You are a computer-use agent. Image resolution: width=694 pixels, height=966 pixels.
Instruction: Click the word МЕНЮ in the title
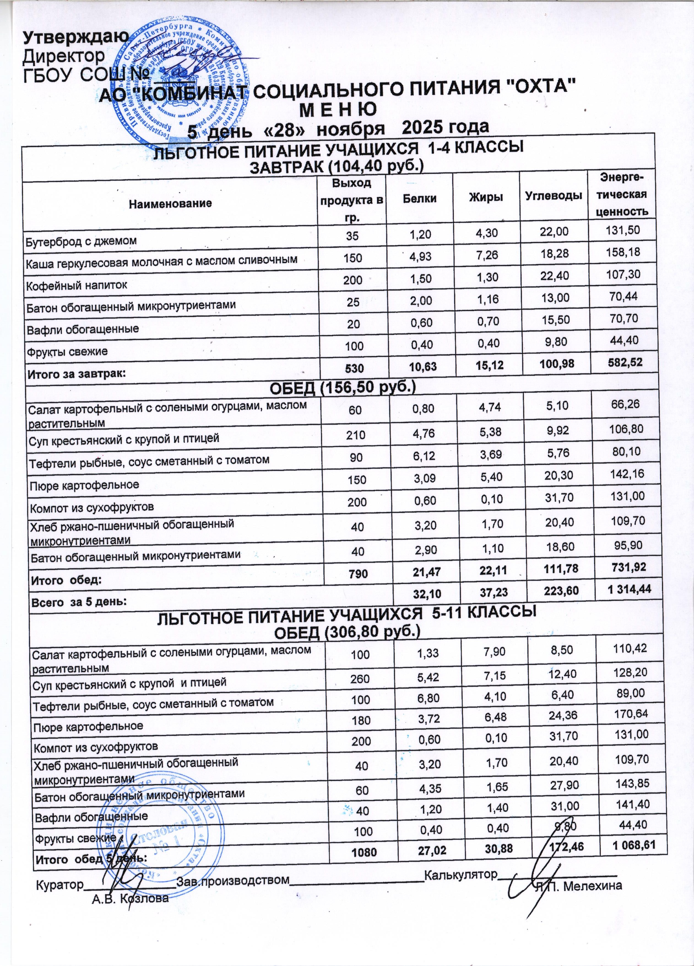coord(339,110)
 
